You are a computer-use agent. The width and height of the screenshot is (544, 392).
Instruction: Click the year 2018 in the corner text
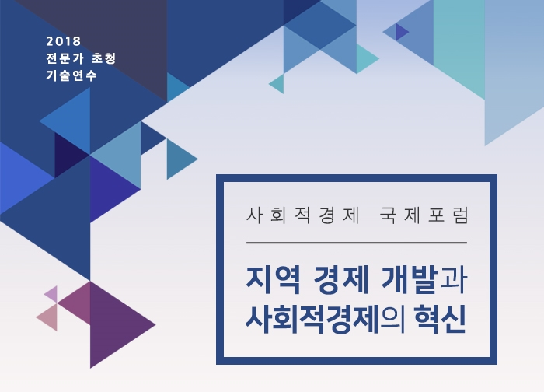click(x=64, y=41)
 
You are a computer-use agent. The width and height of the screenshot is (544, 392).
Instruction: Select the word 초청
click(x=103, y=58)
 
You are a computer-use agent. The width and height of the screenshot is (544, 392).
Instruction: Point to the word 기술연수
click(x=71, y=75)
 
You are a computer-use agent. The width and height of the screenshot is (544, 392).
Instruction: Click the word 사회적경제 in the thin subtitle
click(x=302, y=215)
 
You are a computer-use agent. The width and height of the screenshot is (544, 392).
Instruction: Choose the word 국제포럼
click(x=424, y=215)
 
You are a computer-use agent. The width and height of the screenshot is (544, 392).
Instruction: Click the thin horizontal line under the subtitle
click(x=357, y=243)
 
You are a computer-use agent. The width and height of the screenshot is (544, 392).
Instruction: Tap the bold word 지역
click(x=273, y=280)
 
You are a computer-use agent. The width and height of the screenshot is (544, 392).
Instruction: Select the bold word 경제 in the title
click(x=341, y=280)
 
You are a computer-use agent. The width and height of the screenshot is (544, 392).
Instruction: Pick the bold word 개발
click(x=409, y=280)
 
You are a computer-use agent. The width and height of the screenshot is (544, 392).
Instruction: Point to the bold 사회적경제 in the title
click(x=312, y=319)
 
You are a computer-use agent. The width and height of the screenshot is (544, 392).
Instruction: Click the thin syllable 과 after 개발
click(x=452, y=280)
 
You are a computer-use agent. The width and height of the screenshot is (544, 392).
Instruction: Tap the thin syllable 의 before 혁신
click(x=393, y=319)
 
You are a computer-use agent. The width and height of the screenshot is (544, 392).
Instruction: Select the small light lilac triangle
click(x=51, y=295)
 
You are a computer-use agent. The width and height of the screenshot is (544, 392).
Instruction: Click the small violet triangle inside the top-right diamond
click(x=401, y=32)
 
